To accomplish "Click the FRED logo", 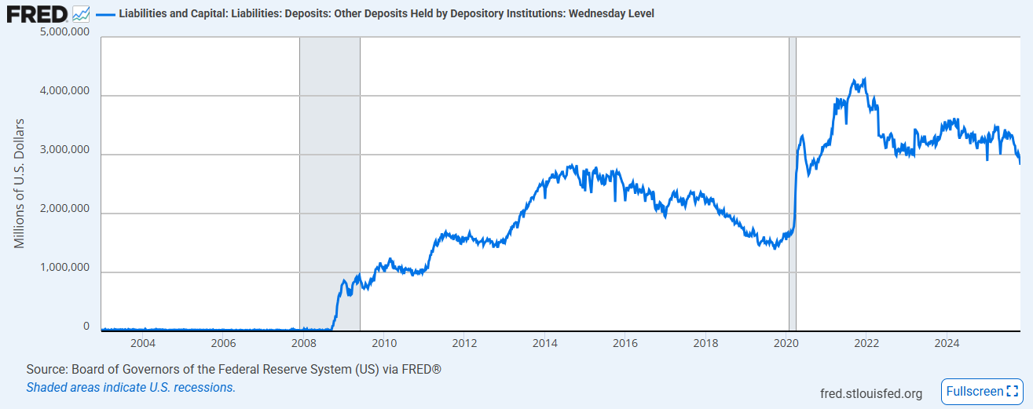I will click(38, 13).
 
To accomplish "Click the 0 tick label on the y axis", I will click(86, 326).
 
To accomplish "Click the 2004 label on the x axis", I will click(142, 343).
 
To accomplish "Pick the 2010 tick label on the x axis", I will click(383, 343).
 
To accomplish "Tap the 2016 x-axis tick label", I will click(625, 343).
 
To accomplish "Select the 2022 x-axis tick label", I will click(866, 343).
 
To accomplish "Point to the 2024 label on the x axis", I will click(947, 343).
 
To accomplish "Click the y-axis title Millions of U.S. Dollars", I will click(20, 184).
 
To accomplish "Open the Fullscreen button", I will click(982, 391).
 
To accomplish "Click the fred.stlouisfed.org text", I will click(870, 393).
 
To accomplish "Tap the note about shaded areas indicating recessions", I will click(130, 387).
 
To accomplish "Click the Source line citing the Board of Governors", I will click(233, 369).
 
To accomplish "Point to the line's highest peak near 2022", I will click(864, 79).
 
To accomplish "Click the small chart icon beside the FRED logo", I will click(81, 13).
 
